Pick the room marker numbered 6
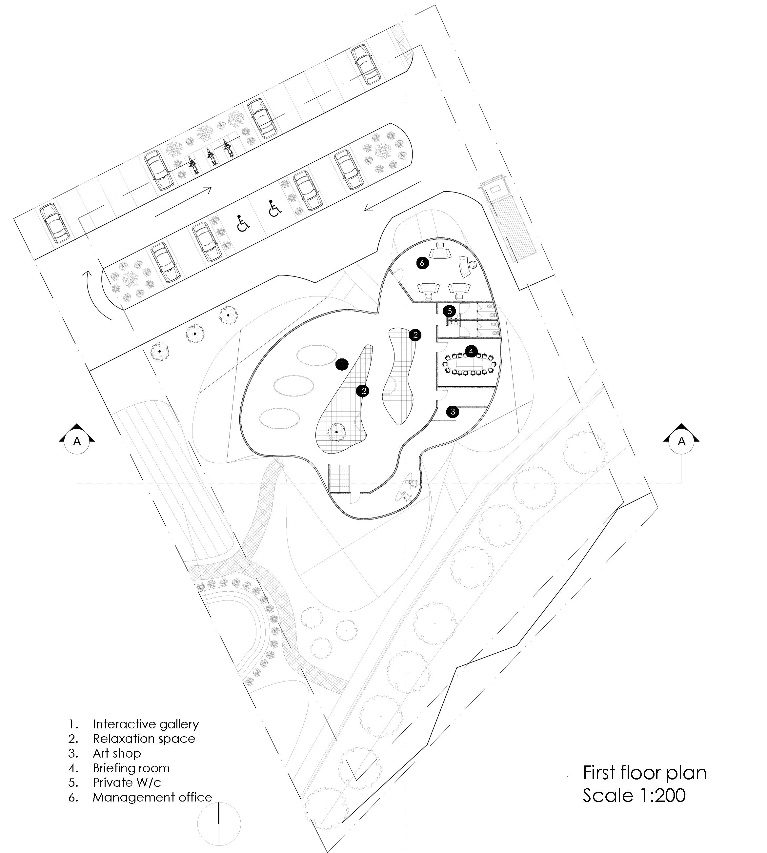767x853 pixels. coord(422,263)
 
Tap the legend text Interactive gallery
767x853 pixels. coord(145,724)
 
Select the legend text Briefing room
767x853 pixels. coord(131,768)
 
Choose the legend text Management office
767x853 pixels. coord(152,797)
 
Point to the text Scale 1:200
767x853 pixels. coord(634,795)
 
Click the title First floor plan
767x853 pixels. coord(644,773)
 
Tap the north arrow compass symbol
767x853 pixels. coord(219,822)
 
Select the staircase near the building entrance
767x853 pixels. coord(339,478)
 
